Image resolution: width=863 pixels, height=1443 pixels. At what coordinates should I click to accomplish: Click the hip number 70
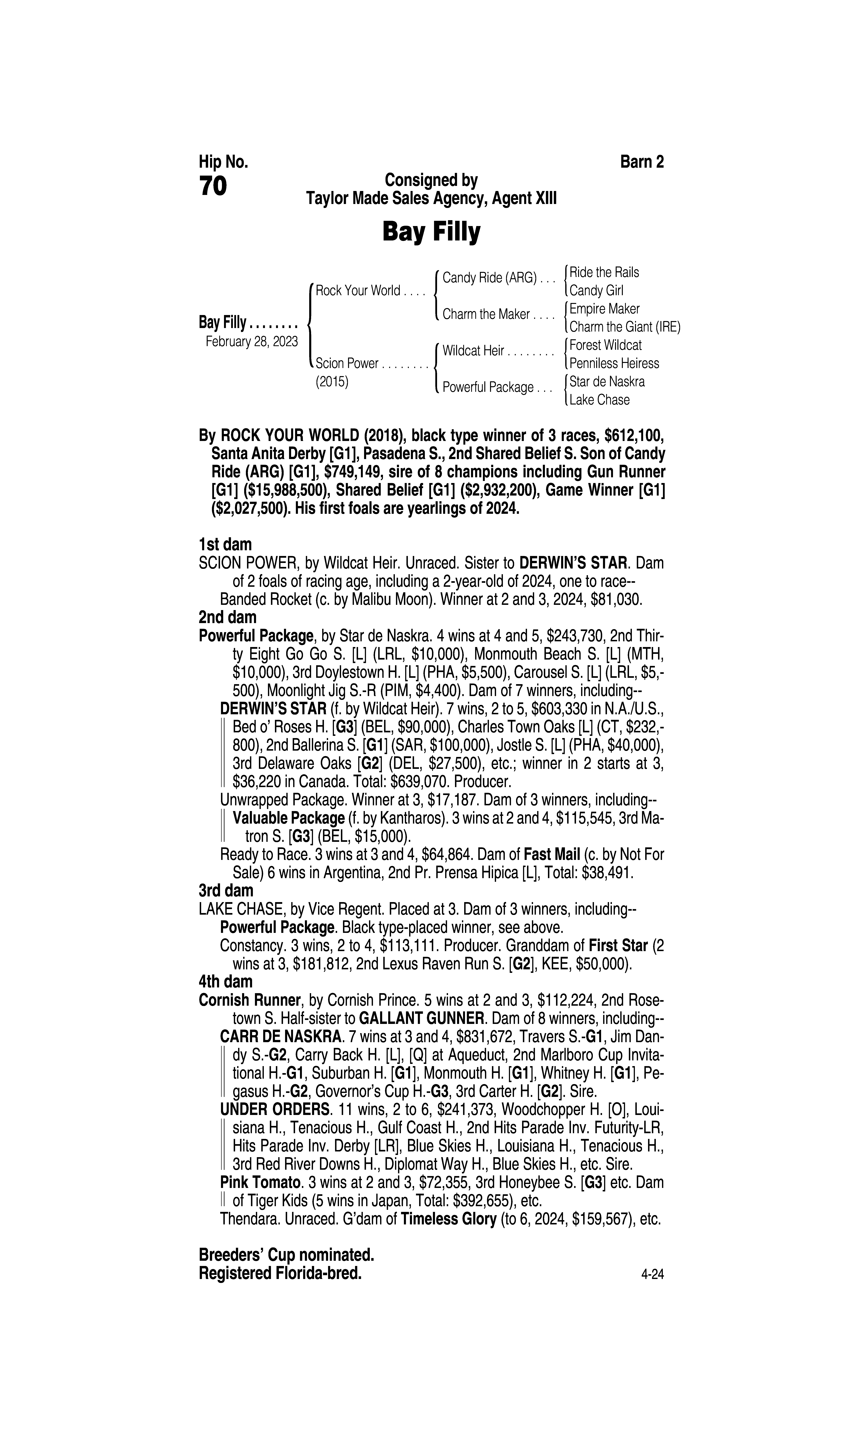[213, 187]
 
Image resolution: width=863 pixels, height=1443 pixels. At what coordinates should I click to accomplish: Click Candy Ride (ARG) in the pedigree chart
[489, 278]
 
